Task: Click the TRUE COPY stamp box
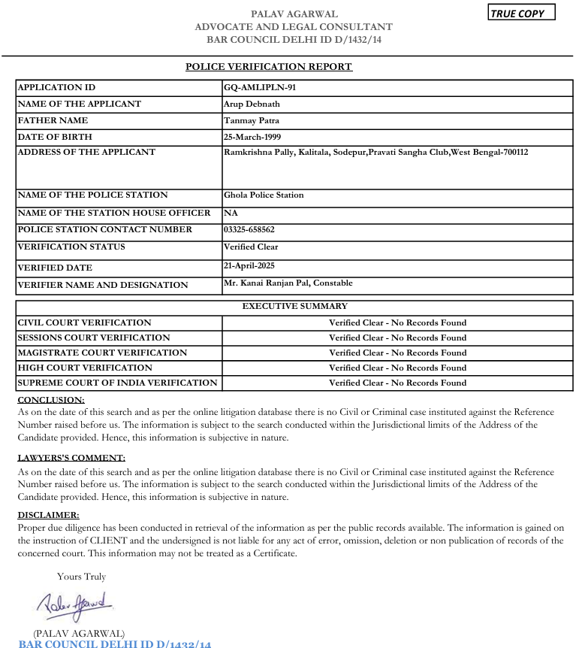click(x=522, y=13)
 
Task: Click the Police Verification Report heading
click(x=269, y=67)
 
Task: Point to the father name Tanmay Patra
click(x=252, y=120)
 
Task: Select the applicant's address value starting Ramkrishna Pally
click(x=375, y=152)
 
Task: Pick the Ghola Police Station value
click(x=264, y=195)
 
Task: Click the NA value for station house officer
click(x=231, y=213)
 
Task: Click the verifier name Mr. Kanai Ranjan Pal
click(x=288, y=283)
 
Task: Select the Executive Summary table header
click(x=294, y=306)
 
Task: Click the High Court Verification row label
click(x=85, y=368)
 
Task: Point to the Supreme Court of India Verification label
click(x=117, y=383)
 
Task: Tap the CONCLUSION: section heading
click(x=51, y=400)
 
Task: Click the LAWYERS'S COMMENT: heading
click(x=71, y=457)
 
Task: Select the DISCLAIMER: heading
click(x=48, y=515)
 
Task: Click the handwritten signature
click(x=74, y=604)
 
